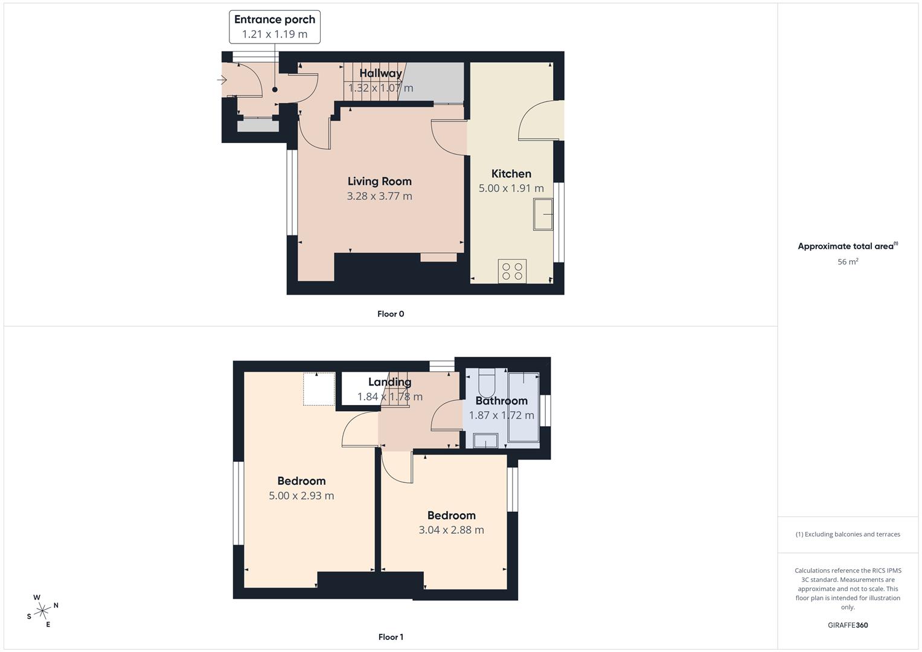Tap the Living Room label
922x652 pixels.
379,181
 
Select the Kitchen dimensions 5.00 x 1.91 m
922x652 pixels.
511,188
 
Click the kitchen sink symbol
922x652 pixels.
543,214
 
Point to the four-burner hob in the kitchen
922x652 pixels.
512,270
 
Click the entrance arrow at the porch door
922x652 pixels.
222,80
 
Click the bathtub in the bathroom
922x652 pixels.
523,409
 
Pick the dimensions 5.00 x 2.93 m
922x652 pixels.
301,496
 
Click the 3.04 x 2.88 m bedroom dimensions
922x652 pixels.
451,530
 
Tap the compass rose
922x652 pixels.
42,610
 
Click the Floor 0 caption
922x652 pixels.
391,314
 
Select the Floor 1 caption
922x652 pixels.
391,637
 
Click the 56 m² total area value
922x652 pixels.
848,262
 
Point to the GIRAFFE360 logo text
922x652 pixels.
848,625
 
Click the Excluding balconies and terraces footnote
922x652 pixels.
848,534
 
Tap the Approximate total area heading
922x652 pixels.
847,246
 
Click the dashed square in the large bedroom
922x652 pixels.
319,389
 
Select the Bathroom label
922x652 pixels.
501,401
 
